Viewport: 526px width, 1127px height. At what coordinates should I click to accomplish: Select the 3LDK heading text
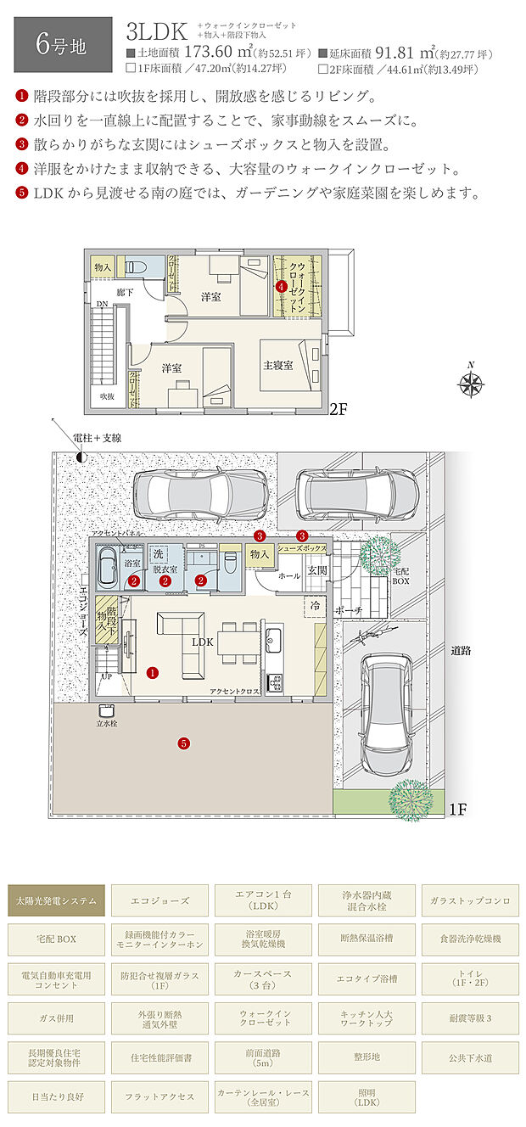[155, 33]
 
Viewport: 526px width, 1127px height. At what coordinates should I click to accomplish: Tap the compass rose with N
[470, 383]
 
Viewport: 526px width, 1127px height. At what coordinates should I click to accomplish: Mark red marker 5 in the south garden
[183, 743]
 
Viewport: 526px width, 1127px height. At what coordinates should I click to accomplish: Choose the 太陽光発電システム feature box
[57, 900]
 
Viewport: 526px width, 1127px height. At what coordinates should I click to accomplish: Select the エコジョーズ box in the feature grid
[160, 900]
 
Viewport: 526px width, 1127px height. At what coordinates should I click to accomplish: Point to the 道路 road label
[461, 650]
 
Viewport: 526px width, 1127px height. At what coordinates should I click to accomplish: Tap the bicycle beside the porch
[357, 636]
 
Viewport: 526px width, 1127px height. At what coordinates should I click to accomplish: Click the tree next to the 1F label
[406, 798]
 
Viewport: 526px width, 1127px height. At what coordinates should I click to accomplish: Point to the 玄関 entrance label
[316, 570]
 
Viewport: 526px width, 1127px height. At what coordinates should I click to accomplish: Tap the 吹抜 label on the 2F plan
[106, 396]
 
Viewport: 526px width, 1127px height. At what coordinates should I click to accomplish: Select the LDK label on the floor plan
[202, 642]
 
